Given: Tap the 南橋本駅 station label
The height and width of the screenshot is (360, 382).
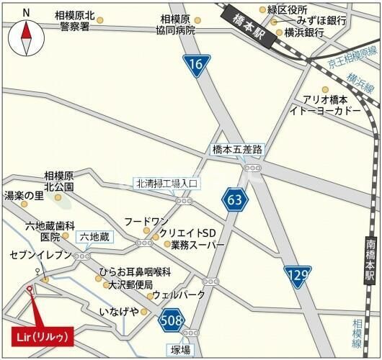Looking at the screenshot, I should point(369,259).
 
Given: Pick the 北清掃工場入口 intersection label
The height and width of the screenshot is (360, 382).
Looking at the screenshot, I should point(166,183).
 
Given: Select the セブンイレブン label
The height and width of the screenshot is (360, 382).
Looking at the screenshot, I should point(41,256).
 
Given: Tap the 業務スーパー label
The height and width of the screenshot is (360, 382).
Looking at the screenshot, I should point(198,245).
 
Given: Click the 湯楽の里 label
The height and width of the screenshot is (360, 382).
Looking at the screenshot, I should point(24,195).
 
